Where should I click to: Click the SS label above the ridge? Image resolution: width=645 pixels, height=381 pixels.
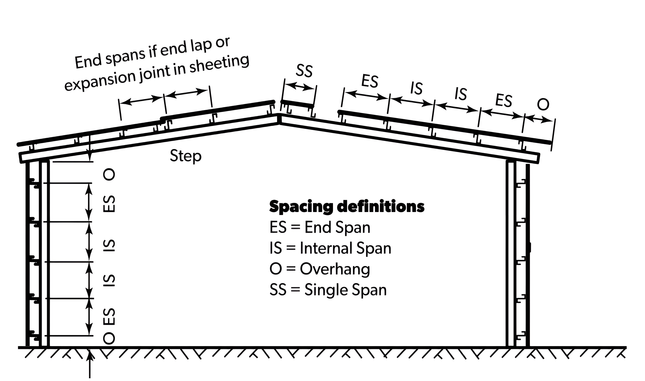coord(304,71)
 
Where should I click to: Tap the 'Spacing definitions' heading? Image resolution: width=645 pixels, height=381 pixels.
coord(347,207)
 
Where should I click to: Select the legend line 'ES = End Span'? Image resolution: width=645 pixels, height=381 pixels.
coord(320,228)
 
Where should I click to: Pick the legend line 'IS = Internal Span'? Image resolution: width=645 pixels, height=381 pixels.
coord(330,248)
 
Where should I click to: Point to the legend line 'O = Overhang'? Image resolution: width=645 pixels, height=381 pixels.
coord(320,269)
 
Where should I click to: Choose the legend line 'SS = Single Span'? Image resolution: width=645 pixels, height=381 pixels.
coord(328,290)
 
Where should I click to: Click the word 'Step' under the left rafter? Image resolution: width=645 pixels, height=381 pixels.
coord(186,156)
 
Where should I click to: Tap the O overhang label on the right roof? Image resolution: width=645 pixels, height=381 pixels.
coord(543,105)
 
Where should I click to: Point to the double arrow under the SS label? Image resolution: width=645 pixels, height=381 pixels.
coord(299,87)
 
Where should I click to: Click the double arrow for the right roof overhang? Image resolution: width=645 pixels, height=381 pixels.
coord(538,119)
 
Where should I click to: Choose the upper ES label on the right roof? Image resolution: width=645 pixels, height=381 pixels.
coord(370,81)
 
